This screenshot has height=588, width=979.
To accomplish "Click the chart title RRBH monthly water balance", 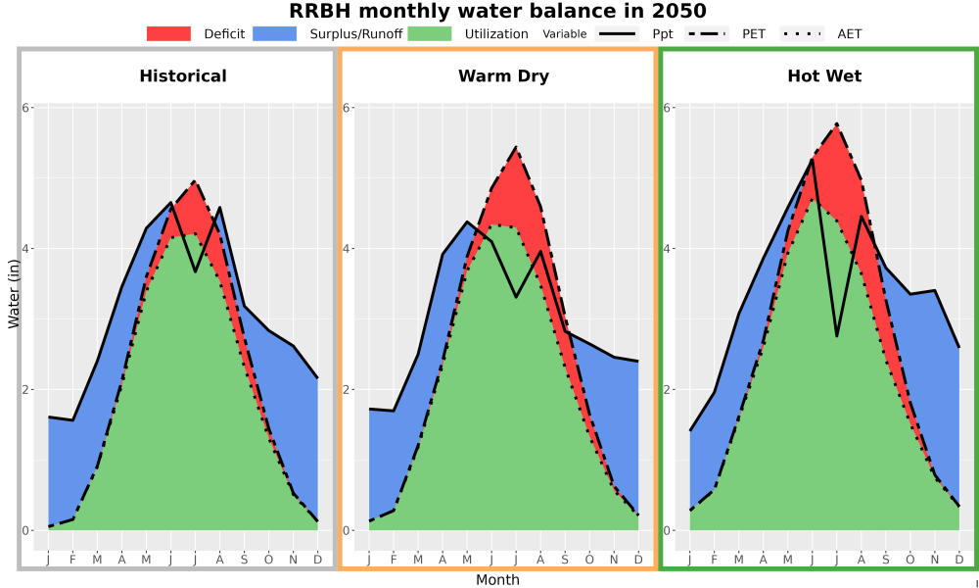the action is point(497,11).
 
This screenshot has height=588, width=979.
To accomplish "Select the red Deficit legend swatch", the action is point(168,33).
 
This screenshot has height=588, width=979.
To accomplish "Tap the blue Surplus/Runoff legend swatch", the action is point(275,33).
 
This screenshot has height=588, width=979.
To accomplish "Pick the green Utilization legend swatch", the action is point(430,33).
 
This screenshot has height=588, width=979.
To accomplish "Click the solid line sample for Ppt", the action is point(617,33).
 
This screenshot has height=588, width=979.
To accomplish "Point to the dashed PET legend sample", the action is point(707,33).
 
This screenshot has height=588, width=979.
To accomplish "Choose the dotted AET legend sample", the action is point(802,33).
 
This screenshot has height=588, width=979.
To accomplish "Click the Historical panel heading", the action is point(183,76).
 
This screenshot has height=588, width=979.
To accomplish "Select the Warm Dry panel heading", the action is point(504,76).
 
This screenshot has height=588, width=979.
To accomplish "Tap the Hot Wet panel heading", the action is point(824,76).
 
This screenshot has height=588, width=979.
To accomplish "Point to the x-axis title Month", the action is point(497,580).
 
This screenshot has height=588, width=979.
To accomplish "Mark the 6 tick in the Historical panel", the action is point(26,108).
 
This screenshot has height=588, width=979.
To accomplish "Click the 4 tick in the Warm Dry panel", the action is point(348,249).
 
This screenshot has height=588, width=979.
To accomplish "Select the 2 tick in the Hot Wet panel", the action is point(668,389).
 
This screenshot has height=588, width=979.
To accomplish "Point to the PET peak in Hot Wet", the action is point(836,124).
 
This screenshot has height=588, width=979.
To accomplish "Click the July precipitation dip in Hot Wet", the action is point(837,336).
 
